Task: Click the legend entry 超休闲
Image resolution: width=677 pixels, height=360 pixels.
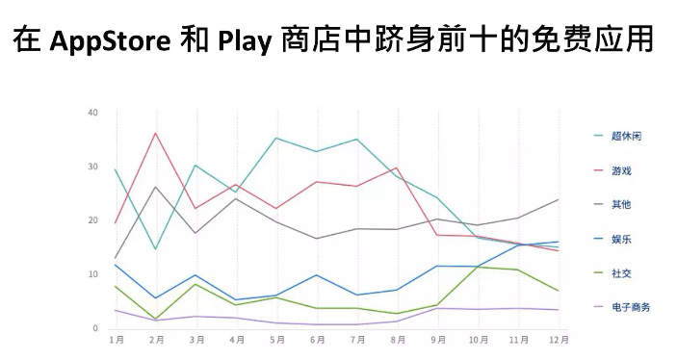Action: [626, 136]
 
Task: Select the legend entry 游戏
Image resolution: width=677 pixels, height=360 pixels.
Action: [620, 170]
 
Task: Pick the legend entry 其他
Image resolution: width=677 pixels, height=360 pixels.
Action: [620, 204]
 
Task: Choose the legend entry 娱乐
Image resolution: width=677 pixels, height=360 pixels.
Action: [620, 239]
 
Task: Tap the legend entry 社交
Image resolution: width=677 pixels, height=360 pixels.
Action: [620, 272]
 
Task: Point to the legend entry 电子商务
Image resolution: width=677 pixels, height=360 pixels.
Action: [631, 307]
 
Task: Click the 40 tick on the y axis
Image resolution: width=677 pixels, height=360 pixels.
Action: [93, 113]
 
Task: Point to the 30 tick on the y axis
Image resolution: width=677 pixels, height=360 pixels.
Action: [93, 167]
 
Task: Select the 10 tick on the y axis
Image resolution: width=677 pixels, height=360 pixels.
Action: [93, 274]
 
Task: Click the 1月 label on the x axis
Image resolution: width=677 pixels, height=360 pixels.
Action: [116, 340]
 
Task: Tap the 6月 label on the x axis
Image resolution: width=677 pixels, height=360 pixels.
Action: [317, 340]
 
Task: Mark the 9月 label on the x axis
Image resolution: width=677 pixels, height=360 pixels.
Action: [438, 340]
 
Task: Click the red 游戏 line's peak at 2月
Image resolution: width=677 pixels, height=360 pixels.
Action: [156, 133]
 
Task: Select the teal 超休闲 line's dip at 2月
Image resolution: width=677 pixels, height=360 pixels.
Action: [156, 249]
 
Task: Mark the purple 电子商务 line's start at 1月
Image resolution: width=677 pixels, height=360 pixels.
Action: [116, 310]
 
